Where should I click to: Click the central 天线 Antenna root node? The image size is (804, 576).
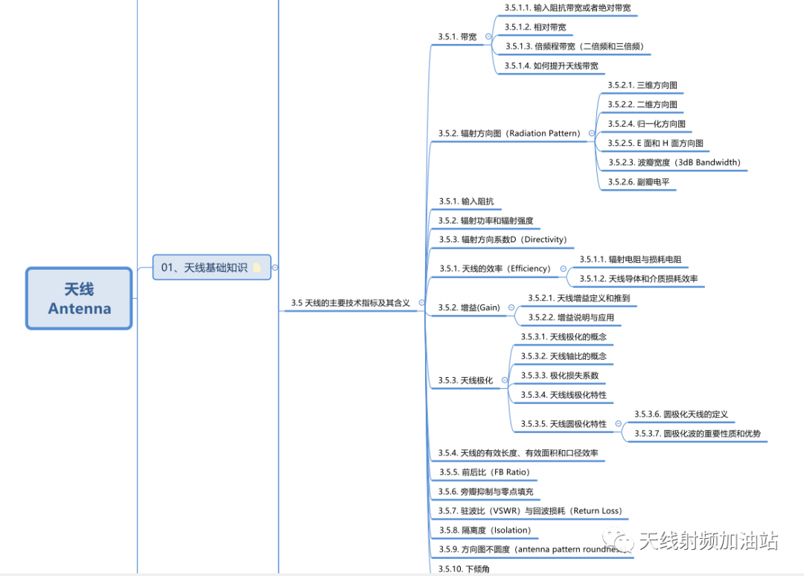point(79,298)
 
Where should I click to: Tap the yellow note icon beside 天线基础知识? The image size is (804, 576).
point(257,268)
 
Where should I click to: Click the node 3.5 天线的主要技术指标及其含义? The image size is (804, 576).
point(351,303)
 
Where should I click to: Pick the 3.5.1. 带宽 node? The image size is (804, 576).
point(458,36)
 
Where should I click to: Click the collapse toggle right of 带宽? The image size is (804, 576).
point(488,36)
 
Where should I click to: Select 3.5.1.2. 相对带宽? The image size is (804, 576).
point(535,27)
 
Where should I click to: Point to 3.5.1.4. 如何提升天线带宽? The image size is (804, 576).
point(551,66)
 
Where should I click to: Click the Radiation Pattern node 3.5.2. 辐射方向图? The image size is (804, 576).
point(509,133)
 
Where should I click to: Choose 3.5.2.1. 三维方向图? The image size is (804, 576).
point(642,85)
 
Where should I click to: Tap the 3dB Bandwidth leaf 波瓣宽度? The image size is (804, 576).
point(674,162)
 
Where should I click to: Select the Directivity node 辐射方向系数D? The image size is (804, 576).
point(502,239)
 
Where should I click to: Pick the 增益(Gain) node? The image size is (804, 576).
point(469,307)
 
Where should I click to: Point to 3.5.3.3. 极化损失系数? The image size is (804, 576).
point(559,376)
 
